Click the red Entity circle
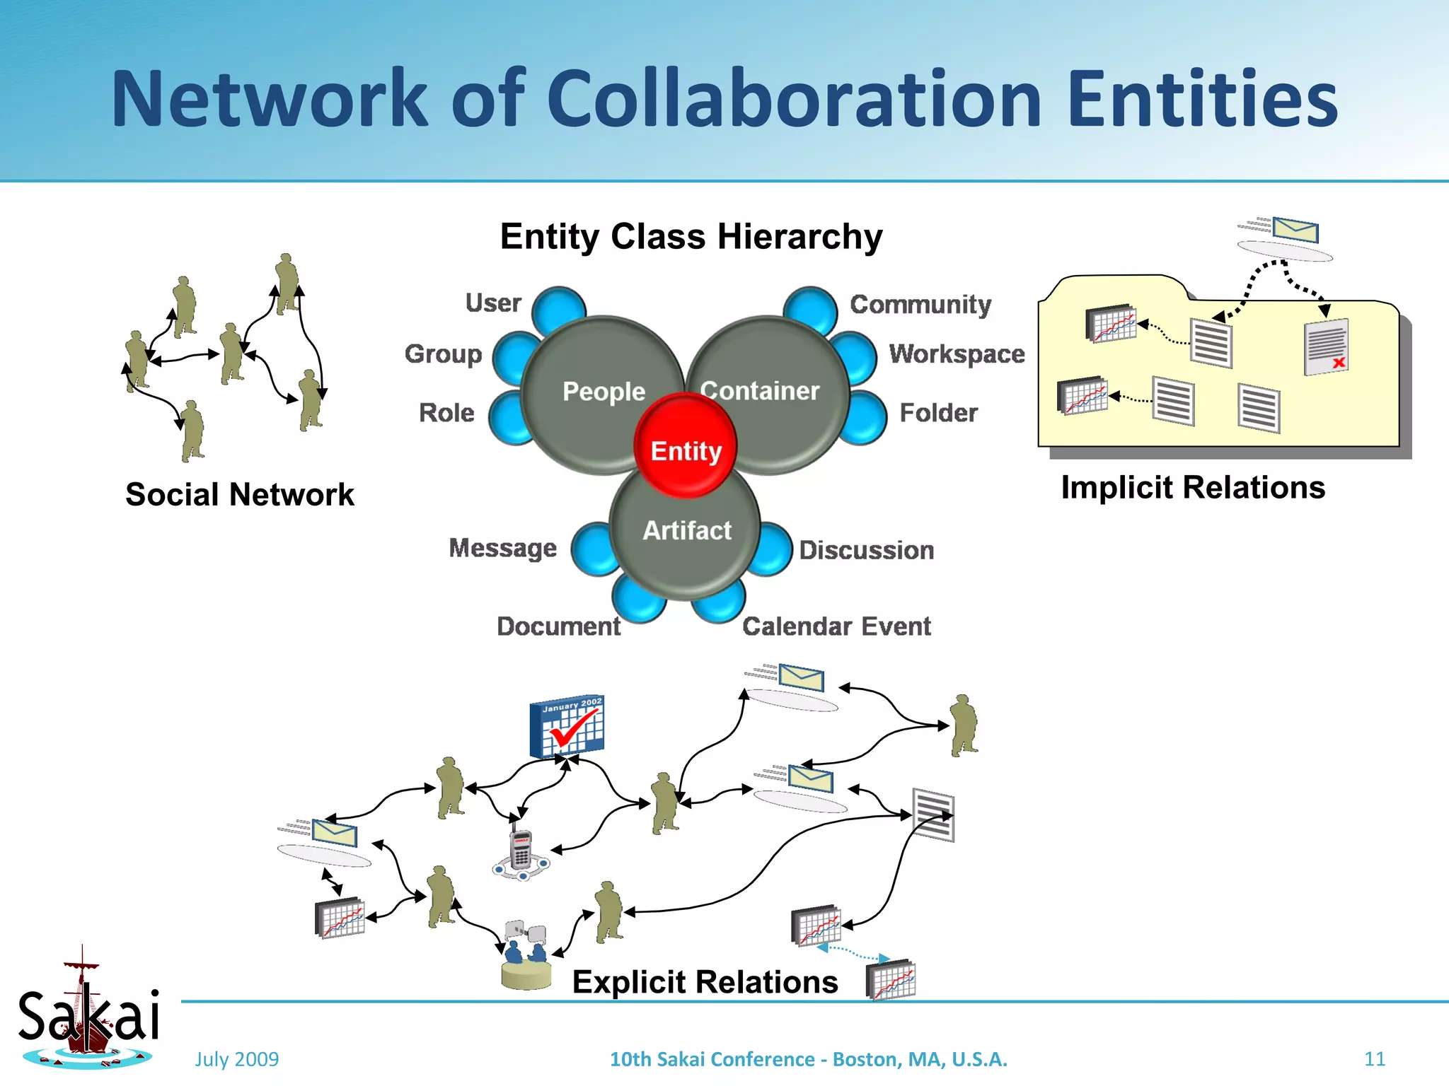pyautogui.click(x=686, y=445)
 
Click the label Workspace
pyautogui.click(x=957, y=354)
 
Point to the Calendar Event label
pyautogui.click(x=836, y=626)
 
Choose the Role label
pyautogui.click(x=446, y=413)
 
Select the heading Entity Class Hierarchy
pyautogui.click(x=691, y=236)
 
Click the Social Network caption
pyautogui.click(x=240, y=494)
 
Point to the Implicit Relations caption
pyautogui.click(x=1193, y=488)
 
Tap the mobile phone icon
pyautogui.click(x=521, y=851)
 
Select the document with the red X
pyautogui.click(x=1326, y=346)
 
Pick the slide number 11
pyautogui.click(x=1374, y=1058)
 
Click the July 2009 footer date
pyautogui.click(x=237, y=1059)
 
